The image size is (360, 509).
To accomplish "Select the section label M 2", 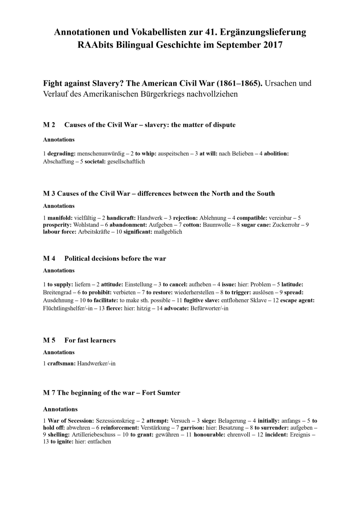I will coord(49,125).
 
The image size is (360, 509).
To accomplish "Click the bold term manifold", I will coord(59,218).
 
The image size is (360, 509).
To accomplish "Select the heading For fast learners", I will coord(90,340).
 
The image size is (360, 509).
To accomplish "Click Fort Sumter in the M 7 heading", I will coord(160,393).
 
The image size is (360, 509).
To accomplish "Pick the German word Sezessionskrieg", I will coord(116,421).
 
